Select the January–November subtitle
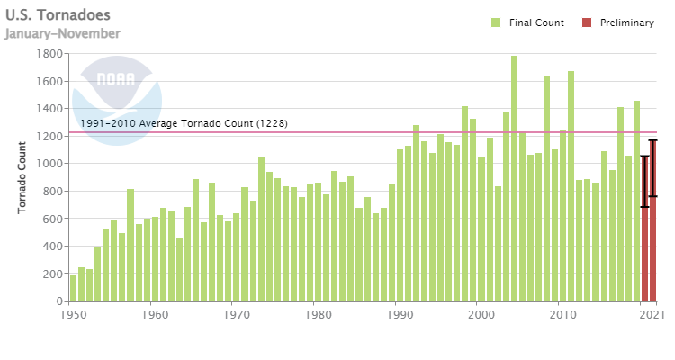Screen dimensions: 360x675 62,33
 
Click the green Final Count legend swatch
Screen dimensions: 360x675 496,22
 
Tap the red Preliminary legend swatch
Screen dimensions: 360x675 587,22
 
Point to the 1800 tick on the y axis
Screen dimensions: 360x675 49,54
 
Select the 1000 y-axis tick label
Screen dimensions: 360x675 49,164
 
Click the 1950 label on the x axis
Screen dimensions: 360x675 73,316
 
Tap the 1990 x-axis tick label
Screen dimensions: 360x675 399,316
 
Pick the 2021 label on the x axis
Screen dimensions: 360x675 652,316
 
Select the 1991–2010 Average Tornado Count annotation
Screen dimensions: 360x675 184,123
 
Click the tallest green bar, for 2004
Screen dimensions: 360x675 514,180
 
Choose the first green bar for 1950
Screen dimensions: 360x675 74,288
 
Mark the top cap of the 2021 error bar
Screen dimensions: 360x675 652,140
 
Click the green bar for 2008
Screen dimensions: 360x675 546,188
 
